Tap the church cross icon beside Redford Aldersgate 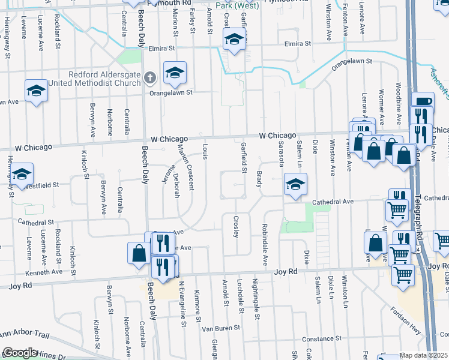coord(150,77)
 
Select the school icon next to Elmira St coord(234,41)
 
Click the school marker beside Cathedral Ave coord(295,185)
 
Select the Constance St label coord(321,339)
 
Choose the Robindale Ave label coord(264,244)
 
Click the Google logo coord(20,353)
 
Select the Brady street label coord(259,178)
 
